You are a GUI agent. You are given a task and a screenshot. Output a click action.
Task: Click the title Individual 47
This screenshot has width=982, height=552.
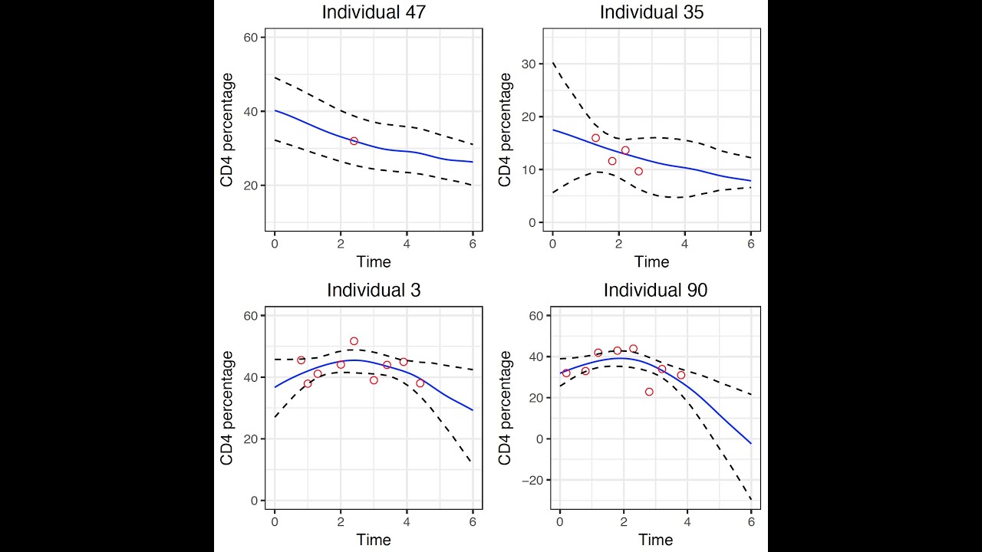pos(374,12)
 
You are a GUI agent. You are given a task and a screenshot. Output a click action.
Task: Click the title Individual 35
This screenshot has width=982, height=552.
pos(651,12)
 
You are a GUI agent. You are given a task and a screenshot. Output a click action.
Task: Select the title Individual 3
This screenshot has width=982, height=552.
pos(374,291)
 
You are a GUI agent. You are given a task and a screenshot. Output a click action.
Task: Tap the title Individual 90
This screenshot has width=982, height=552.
pos(655,291)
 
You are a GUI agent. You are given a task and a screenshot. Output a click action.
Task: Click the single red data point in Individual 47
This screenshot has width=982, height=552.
pos(354,141)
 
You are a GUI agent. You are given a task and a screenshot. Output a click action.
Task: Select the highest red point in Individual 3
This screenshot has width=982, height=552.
pos(354,341)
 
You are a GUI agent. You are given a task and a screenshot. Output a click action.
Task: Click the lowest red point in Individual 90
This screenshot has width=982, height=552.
pos(649,392)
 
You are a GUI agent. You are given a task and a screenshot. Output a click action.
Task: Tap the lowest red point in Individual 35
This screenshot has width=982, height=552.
pos(638,171)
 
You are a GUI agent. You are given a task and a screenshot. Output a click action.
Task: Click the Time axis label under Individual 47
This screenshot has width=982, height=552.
pos(374,262)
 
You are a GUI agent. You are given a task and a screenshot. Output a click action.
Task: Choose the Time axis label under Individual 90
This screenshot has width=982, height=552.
pos(655,540)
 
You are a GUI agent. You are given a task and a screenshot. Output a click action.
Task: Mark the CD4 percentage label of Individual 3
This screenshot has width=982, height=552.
pos(227,408)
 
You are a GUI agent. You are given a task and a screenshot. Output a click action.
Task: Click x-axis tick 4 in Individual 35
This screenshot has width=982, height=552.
pos(684,243)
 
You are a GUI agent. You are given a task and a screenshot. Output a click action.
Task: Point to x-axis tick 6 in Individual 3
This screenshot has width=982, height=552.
pos(473,521)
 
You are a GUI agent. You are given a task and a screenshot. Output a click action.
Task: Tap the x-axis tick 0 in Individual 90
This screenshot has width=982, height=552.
pos(560,521)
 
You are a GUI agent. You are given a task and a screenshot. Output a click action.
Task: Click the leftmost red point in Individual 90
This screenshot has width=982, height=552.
pos(566,373)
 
